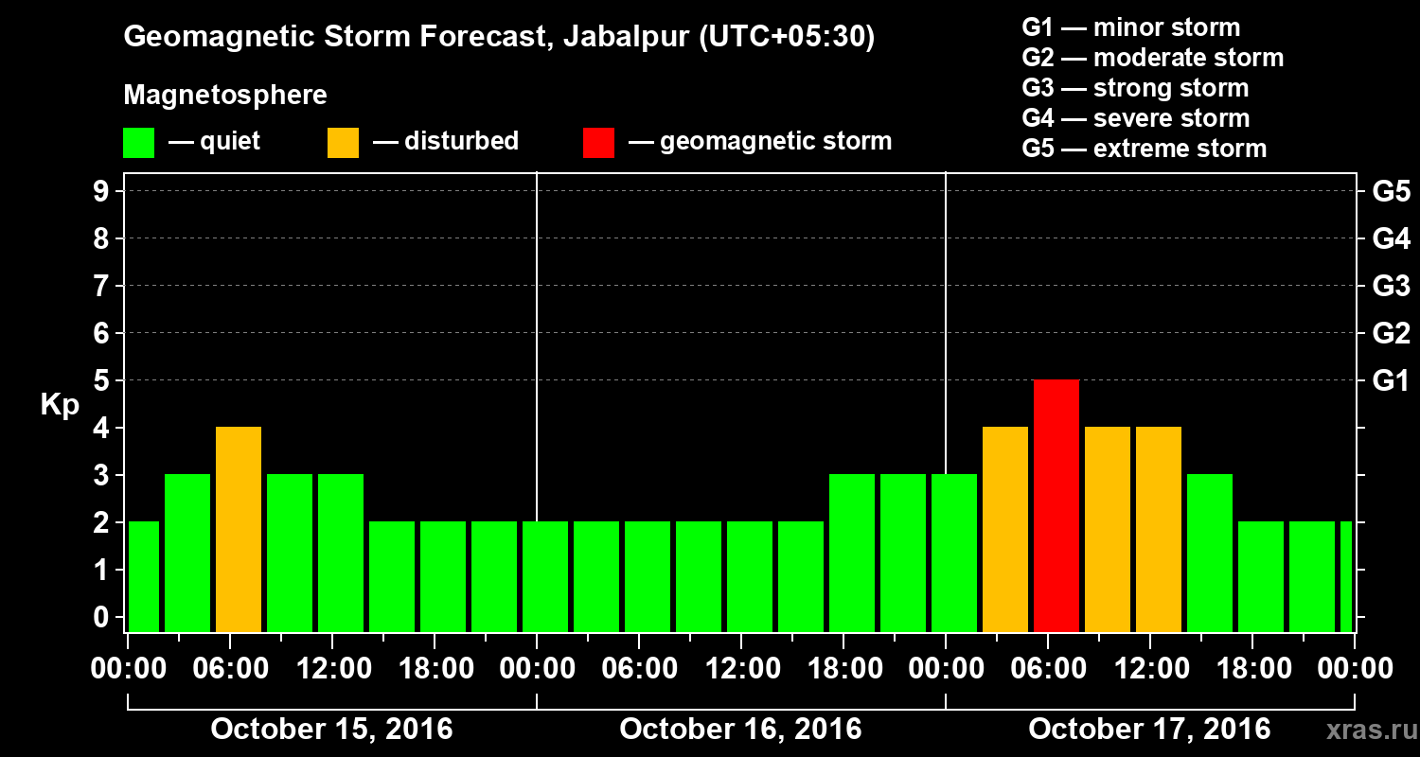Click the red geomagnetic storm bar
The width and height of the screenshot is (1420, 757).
[1056, 505]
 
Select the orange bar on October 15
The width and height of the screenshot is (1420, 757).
[239, 529]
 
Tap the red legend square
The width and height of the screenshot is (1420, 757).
[598, 142]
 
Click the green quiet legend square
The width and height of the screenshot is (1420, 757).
[138, 142]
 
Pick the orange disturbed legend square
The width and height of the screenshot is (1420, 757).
[343, 142]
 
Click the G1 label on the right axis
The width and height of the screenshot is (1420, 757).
[1391, 380]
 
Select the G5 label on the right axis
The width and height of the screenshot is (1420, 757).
[1391, 191]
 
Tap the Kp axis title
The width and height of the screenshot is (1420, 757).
[59, 404]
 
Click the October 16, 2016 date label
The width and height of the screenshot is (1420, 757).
[740, 730]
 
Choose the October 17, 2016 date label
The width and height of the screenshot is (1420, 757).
[1149, 730]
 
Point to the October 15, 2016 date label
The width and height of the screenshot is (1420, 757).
[331, 730]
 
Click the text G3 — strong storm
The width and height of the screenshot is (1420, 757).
[1135, 88]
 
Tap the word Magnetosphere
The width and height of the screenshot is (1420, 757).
[225, 96]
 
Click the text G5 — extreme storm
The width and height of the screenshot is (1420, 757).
[1144, 149]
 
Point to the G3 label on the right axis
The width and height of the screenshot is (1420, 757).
[1391, 286]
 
